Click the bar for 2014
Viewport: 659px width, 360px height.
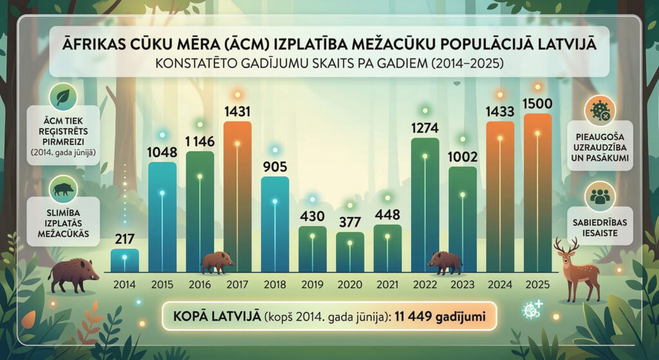[x=124, y=260]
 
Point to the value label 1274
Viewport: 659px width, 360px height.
[x=425, y=128]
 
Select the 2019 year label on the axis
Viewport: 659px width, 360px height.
[x=312, y=283]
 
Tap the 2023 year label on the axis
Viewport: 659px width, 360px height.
[x=462, y=283]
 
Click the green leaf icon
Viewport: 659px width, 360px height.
[x=63, y=97]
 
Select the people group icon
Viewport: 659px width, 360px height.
[x=600, y=198]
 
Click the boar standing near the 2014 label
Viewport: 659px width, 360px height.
[x=73, y=273]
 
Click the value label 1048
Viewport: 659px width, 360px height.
[x=162, y=153]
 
